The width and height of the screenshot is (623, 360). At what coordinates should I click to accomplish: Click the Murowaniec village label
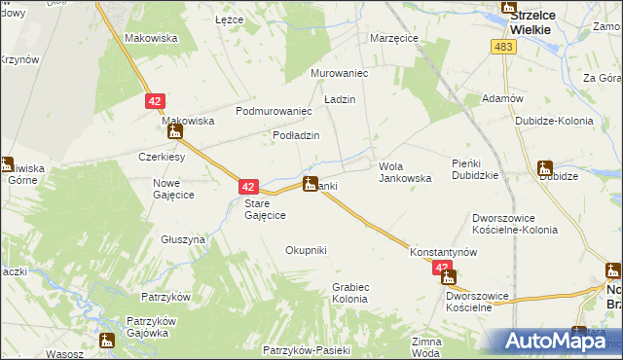(337, 73)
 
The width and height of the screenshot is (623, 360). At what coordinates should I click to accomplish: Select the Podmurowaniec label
(273, 111)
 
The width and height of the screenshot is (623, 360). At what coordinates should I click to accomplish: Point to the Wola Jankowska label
(404, 172)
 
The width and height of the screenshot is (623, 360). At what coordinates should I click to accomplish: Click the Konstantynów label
(443, 250)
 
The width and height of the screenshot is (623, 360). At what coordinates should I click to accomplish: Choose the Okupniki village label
(306, 250)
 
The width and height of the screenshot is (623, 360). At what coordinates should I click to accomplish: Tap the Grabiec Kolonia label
(349, 293)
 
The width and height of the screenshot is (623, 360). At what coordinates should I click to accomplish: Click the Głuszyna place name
(183, 238)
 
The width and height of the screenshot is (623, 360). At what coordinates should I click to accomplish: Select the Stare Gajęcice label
(264, 209)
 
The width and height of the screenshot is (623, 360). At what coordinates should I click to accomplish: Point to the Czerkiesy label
(162, 157)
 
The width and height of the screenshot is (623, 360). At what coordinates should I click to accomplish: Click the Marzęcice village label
(394, 38)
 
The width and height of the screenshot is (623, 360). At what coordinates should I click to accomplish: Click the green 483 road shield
(503, 48)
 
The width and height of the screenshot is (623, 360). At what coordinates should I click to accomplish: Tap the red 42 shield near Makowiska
(155, 100)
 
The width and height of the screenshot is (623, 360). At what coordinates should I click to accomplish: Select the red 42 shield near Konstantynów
(443, 268)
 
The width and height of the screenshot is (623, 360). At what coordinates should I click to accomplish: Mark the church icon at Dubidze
(544, 168)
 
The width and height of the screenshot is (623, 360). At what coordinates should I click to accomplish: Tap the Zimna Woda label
(426, 347)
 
